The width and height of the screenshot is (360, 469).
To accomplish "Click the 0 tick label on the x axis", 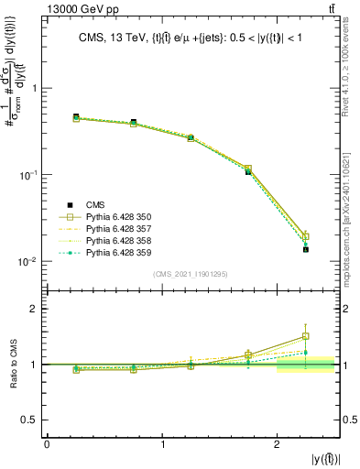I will [47, 444].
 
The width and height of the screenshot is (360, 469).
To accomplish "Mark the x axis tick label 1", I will [162, 444].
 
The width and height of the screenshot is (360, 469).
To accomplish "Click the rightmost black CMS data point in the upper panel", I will [306, 249].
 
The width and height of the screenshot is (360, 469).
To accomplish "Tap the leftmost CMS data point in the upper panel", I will [76, 117].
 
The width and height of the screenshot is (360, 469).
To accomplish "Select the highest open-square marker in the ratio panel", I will [306, 336].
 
